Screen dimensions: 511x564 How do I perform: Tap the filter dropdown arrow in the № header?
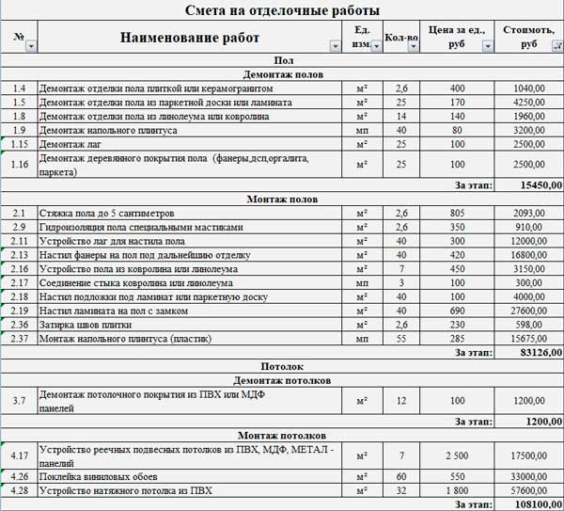pyautogui.click(x=31, y=45)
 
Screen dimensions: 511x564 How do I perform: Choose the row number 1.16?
pyautogui.click(x=20, y=165)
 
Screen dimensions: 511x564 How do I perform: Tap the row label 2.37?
pyautogui.click(x=20, y=338)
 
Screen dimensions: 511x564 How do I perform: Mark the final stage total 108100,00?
pyautogui.click(x=537, y=504)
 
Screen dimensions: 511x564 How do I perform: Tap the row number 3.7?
pyautogui.click(x=20, y=401)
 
